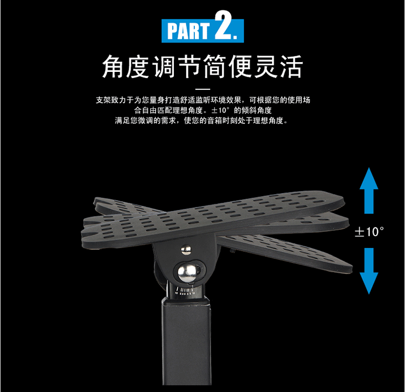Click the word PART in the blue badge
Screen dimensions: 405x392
point(188,31)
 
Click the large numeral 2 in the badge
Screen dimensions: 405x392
point(223,25)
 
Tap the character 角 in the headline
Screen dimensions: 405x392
point(113,67)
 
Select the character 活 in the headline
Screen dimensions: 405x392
point(292,67)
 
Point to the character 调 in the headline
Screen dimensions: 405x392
point(164,67)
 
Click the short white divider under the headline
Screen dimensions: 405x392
point(202,89)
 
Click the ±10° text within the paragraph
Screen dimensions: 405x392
point(220,110)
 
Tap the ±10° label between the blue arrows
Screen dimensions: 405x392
point(369,231)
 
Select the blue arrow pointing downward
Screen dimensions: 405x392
point(369,271)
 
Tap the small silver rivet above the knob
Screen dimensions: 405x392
point(186,249)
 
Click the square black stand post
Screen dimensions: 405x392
point(186,341)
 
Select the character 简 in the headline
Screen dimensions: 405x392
point(215,67)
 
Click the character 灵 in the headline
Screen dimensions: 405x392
point(266,67)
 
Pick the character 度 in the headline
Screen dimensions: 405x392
point(138,67)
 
